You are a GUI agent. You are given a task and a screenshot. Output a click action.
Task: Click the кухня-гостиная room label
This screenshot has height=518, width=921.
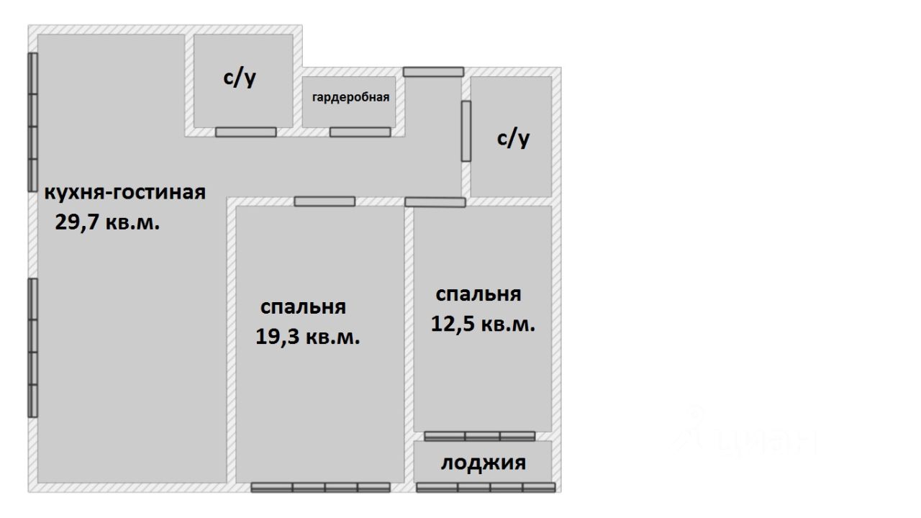125,193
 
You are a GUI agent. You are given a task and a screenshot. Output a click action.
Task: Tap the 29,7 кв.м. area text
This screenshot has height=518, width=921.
107,222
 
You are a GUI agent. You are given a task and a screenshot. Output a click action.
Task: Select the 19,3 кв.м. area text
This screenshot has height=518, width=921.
308,337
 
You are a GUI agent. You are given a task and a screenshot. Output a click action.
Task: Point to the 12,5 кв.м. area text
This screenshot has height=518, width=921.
483,324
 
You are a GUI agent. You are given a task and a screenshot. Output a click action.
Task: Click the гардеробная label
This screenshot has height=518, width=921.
350,98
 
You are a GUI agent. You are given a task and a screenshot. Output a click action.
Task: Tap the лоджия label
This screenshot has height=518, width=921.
483,463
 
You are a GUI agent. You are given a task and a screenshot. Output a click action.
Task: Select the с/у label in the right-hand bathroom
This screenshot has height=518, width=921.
514,138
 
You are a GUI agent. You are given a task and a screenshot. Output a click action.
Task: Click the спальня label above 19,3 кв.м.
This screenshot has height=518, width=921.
303,307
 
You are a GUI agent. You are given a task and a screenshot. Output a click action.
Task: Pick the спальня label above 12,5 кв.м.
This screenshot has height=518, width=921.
478,294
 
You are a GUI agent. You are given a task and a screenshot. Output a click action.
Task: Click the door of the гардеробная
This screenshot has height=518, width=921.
360,132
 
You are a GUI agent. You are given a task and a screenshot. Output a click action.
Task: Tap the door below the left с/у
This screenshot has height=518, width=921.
246,132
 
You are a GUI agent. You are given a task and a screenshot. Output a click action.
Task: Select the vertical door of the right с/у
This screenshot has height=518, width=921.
466,130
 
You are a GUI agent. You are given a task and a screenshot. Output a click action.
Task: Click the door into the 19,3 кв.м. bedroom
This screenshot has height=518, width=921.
325,201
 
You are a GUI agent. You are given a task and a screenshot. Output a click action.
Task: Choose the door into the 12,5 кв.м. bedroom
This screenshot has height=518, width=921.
435,202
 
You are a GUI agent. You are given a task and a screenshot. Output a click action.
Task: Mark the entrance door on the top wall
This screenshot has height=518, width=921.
433,71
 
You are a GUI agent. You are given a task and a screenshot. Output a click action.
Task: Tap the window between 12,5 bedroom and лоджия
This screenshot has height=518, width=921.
479,436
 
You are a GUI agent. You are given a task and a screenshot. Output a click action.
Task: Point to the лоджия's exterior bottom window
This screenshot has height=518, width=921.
486,488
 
